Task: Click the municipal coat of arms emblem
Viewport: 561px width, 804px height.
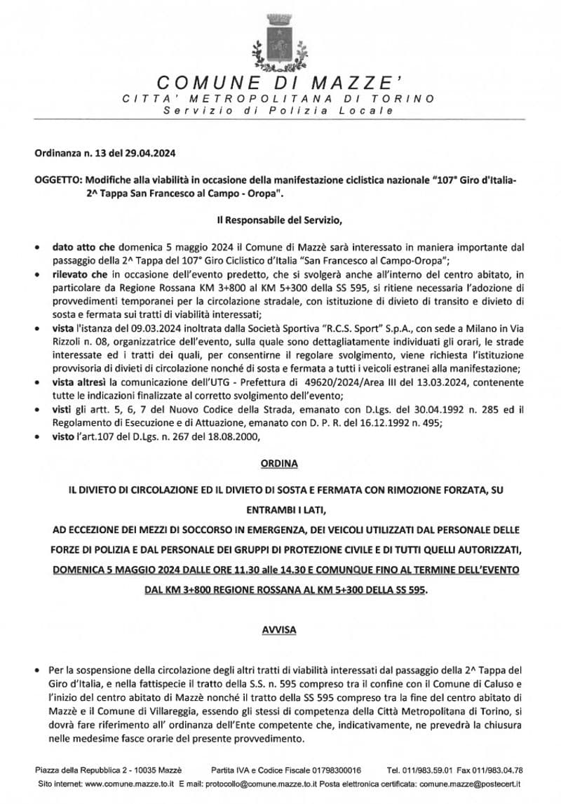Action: point(280,41)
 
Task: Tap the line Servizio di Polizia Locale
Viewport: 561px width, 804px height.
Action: point(279,112)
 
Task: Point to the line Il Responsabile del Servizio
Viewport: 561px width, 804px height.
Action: point(279,222)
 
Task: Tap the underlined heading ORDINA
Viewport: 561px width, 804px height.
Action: point(280,464)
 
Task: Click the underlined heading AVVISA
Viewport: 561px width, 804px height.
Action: point(280,630)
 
